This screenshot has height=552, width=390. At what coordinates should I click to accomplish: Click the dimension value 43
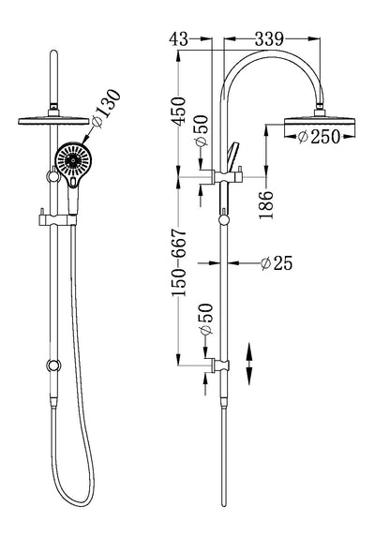pyautogui.click(x=179, y=38)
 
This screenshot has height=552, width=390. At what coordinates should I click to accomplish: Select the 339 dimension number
pyautogui.click(x=269, y=38)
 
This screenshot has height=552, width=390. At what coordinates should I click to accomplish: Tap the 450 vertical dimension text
pyautogui.click(x=179, y=112)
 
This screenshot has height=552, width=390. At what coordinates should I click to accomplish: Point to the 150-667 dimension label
pyautogui.click(x=179, y=262)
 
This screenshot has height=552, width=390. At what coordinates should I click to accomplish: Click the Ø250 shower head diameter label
pyautogui.click(x=319, y=137)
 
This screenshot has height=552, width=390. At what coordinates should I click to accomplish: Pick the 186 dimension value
pyautogui.click(x=266, y=205)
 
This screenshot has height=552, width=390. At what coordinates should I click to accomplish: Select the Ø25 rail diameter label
pyautogui.click(x=277, y=263)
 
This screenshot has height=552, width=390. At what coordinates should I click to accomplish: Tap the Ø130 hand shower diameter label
pyautogui.click(x=106, y=108)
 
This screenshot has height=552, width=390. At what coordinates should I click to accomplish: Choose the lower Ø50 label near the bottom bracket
pyautogui.click(x=206, y=319)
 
